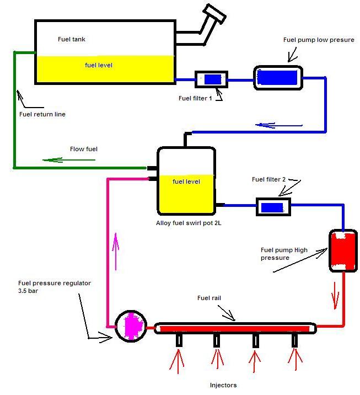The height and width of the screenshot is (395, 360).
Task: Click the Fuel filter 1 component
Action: click(212, 79)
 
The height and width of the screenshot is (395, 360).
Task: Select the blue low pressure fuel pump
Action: click(278, 77)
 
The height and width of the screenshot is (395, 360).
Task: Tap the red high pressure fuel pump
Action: click(343, 251)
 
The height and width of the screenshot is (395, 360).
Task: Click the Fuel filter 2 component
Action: click(273, 207)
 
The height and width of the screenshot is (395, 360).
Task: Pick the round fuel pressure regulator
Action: click(131, 325)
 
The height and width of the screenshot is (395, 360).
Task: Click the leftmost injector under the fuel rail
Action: click(179, 340)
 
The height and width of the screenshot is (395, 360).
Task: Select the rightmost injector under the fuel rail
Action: click(295, 340)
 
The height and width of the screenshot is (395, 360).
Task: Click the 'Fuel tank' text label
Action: click(72, 39)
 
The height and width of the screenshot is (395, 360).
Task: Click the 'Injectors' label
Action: click(223, 385)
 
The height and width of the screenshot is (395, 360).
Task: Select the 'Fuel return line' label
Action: click(42, 115)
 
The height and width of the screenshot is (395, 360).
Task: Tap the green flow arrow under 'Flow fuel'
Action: click(69, 160)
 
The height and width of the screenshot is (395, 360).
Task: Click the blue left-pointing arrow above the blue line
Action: click(279, 125)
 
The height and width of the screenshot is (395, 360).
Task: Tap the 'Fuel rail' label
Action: click(209, 298)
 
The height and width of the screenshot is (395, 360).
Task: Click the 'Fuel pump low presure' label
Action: click(319, 40)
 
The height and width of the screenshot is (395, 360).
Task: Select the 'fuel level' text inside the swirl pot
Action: click(186, 182)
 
